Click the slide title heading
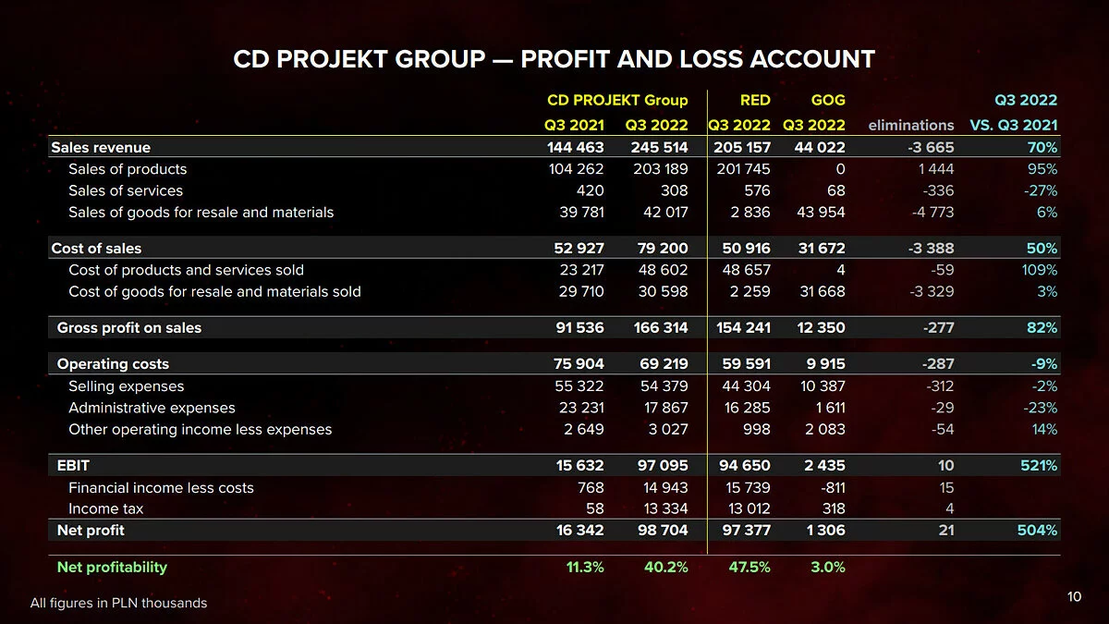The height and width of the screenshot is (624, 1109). click(554, 60)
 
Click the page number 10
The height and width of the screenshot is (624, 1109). click(1073, 596)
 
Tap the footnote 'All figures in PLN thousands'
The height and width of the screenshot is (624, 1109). click(118, 603)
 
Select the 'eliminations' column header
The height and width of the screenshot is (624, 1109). click(911, 125)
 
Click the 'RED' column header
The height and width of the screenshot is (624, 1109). click(755, 100)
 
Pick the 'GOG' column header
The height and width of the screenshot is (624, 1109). click(827, 100)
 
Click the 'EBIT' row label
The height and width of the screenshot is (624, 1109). click(73, 465)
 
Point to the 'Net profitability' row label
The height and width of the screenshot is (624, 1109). click(112, 567)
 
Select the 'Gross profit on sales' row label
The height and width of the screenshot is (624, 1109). click(128, 327)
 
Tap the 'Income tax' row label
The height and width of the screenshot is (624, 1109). click(105, 508)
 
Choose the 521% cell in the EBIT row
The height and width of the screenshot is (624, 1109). click(1039, 465)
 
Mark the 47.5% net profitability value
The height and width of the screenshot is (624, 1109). click(749, 567)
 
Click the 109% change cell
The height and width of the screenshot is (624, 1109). click(1039, 270)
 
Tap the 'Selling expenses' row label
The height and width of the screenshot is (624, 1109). click(126, 386)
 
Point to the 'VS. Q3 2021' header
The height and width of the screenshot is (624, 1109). click(1013, 125)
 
